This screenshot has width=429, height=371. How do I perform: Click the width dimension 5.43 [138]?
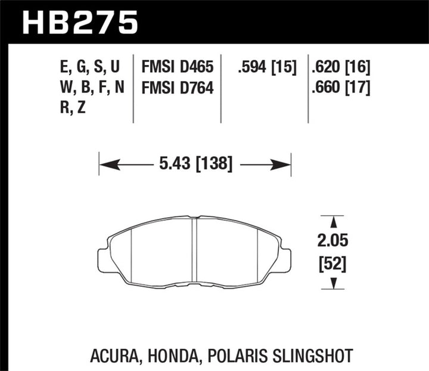point(195,163)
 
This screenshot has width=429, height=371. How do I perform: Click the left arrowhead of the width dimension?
point(104,163)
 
